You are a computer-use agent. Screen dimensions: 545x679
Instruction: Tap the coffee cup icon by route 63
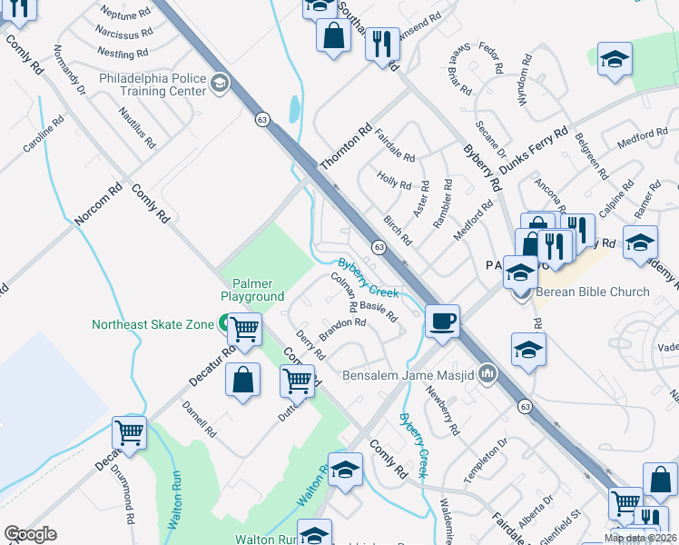click(x=442, y=321)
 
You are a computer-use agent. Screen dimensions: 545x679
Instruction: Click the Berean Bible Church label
click(x=593, y=292)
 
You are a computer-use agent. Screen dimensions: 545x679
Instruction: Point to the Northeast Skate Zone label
click(x=151, y=324)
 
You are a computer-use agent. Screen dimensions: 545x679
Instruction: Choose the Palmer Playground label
click(x=252, y=290)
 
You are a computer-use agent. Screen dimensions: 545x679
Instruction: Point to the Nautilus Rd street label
click(x=137, y=126)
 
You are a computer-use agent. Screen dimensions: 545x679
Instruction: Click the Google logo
click(x=30, y=534)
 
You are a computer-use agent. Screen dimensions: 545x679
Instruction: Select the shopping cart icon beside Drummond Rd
click(x=130, y=432)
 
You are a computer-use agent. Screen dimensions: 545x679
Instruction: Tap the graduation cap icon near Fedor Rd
click(x=615, y=58)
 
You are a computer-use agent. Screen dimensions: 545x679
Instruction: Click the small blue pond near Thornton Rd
click(x=293, y=110)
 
